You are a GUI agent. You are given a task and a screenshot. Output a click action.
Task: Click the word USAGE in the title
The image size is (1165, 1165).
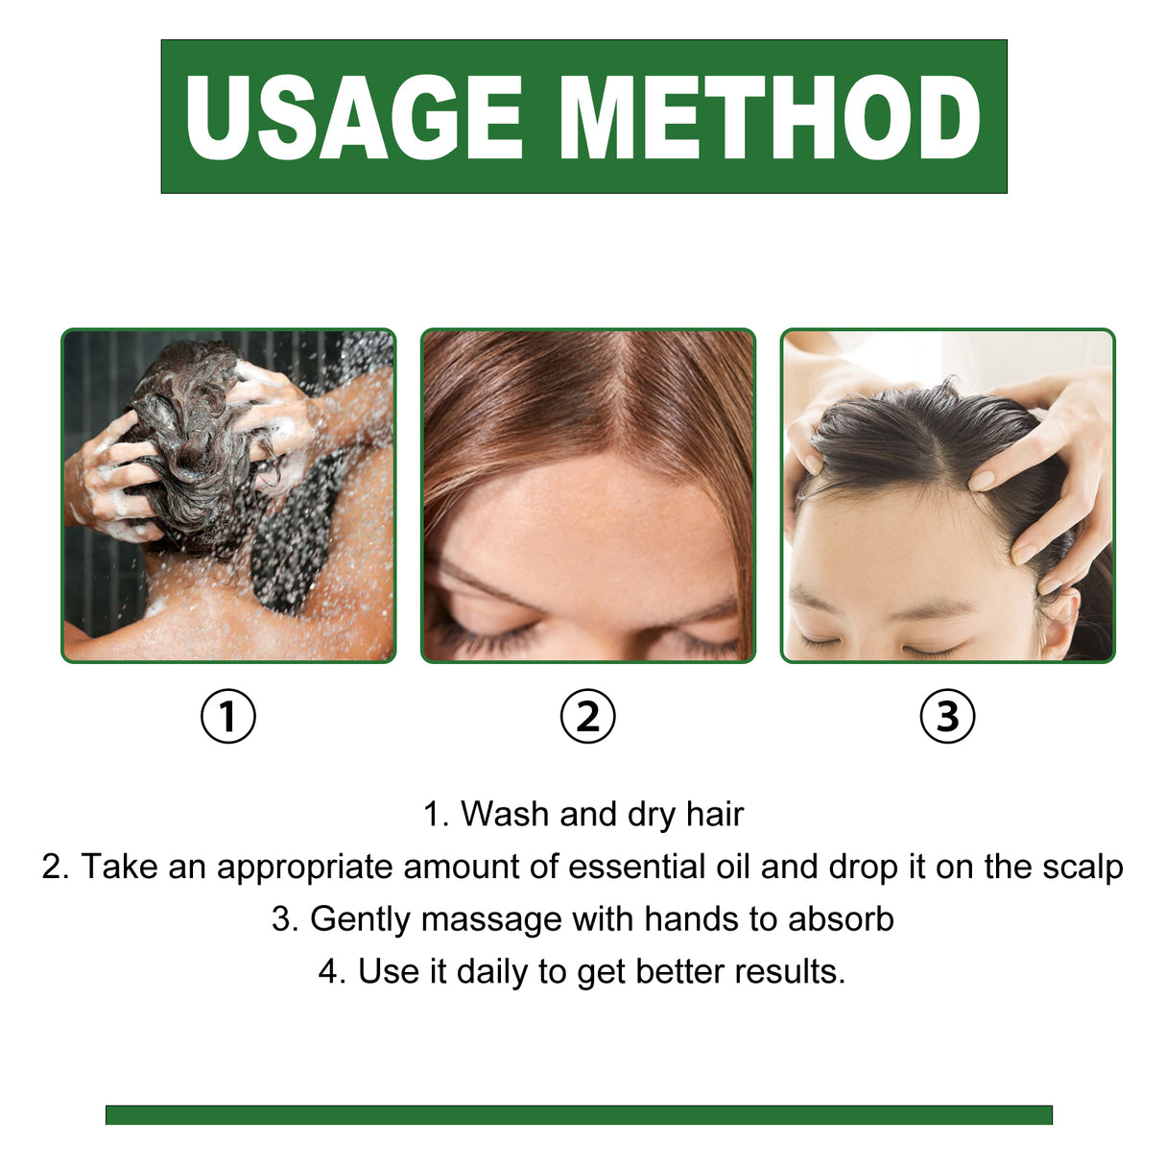(x=353, y=117)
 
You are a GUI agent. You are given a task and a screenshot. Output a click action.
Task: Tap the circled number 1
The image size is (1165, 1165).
(x=228, y=716)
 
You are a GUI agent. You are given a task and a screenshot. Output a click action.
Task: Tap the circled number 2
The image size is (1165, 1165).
(x=587, y=716)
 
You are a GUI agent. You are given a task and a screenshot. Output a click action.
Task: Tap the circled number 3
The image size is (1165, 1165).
(x=947, y=716)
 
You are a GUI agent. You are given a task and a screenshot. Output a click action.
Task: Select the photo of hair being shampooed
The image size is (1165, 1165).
(x=228, y=495)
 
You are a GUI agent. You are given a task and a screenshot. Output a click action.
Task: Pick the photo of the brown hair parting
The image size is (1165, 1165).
(x=587, y=495)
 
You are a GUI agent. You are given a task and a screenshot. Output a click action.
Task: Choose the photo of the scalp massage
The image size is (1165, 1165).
(x=947, y=495)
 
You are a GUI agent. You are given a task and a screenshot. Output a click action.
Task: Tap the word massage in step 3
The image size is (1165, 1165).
(x=491, y=919)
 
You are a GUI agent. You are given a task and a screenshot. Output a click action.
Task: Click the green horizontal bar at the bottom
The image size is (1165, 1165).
(x=579, y=1114)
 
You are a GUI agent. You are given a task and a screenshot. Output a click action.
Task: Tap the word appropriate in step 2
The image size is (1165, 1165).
(x=304, y=868)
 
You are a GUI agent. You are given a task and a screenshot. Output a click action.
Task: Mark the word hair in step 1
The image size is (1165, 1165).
(x=715, y=815)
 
